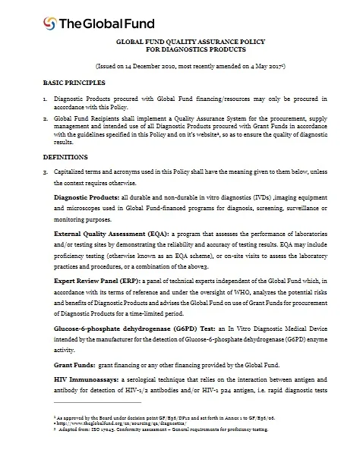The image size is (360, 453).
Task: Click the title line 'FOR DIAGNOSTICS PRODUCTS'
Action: click(180, 50)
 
